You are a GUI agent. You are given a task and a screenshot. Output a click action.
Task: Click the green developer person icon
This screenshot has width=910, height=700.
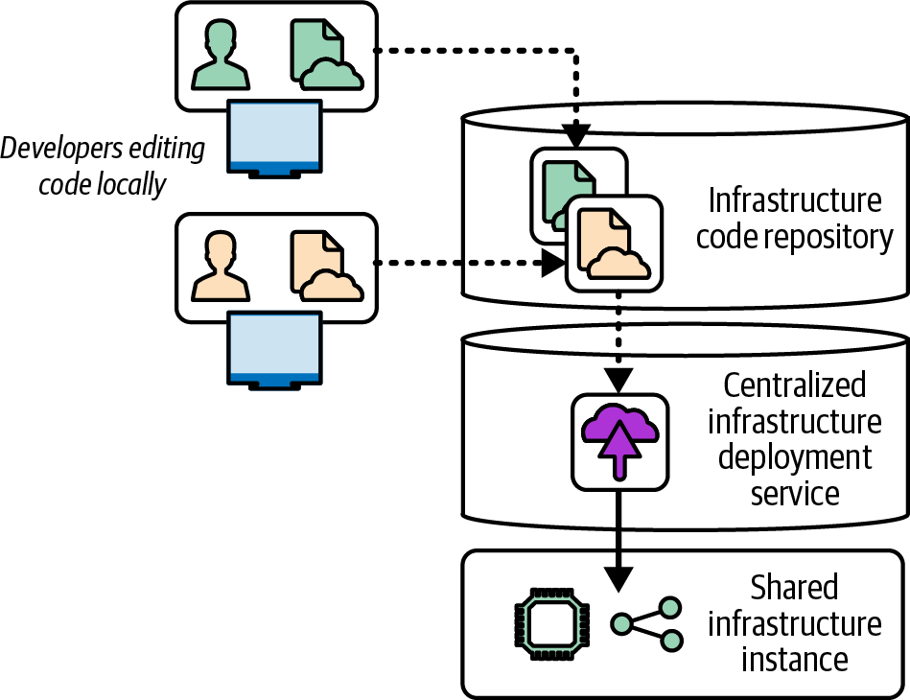tap(221, 56)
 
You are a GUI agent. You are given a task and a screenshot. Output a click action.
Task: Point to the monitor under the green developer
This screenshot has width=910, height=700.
tap(274, 138)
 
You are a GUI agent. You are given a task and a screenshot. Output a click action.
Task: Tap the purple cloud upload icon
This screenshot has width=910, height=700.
tap(620, 440)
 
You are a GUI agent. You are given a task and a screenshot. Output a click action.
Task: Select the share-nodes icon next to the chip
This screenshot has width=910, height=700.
tap(648, 625)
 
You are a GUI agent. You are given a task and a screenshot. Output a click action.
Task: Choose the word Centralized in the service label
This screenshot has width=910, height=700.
tap(795, 385)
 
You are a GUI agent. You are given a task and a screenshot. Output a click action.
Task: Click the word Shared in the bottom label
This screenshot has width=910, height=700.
tap(795, 587)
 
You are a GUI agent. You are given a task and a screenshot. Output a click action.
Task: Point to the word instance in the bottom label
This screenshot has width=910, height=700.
tap(793, 660)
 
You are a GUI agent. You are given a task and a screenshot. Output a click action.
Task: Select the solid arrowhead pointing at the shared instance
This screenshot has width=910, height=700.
tap(620, 578)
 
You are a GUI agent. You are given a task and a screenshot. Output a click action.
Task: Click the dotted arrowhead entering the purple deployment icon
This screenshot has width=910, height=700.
tap(620, 379)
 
